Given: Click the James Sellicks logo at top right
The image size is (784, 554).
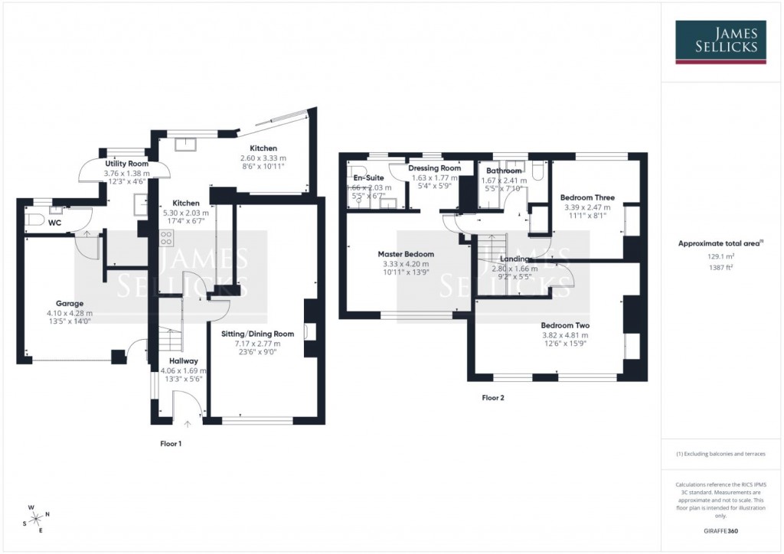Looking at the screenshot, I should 720,41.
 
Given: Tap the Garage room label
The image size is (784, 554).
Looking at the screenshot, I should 69,304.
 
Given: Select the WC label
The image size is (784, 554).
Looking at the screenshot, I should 54,223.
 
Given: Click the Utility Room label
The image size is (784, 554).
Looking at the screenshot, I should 127,164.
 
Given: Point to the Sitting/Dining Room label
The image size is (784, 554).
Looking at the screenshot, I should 264,334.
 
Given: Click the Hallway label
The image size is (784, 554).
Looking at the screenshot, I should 184,361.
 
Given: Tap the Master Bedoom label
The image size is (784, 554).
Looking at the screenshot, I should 406,254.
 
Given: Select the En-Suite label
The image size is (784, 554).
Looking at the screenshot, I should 368,178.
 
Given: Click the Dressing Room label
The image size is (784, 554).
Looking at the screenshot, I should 435,168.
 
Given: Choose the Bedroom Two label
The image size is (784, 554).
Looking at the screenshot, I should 565,324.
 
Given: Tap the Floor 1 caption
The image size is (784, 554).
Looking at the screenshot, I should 171,444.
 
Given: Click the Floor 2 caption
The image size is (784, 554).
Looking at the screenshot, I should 493,398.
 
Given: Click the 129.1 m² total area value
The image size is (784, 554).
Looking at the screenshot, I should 720,257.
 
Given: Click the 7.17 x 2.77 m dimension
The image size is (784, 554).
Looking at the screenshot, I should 264,344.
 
